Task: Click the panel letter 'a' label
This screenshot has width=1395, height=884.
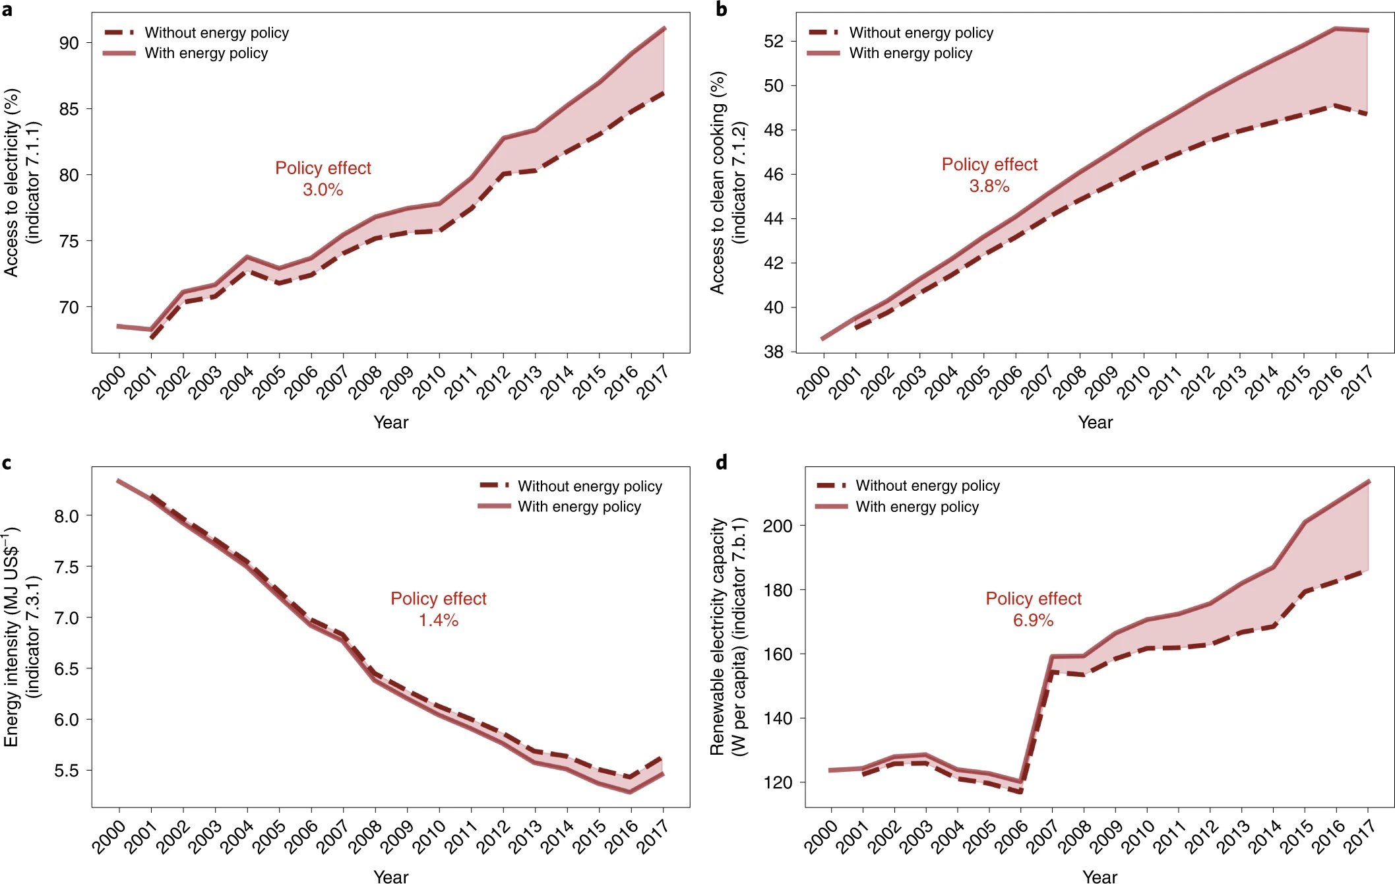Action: point(7,10)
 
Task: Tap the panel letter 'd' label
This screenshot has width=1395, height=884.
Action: point(722,462)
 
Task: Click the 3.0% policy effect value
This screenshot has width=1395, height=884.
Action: point(323,190)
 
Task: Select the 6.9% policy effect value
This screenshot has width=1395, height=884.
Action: point(1033,620)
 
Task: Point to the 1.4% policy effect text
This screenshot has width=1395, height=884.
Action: point(439,620)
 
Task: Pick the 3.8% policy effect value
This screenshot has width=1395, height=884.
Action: point(989,186)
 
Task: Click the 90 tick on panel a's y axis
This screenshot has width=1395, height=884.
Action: point(69,44)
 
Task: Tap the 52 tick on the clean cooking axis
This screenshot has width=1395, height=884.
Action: point(773,42)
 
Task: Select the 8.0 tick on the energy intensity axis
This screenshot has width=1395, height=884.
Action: point(66,516)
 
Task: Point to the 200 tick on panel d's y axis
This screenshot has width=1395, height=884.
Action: point(777,526)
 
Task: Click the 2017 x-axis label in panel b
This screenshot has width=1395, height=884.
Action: point(1358,382)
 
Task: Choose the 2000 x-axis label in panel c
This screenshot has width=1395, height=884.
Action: point(108,837)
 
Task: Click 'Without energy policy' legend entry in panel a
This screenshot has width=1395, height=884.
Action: point(216,32)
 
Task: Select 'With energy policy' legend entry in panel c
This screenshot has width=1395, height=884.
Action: point(579,507)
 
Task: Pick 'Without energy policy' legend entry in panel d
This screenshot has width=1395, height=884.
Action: point(927,486)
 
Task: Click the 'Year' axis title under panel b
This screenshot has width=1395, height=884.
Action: point(1095,422)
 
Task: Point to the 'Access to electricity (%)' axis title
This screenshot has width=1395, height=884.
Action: point(11,183)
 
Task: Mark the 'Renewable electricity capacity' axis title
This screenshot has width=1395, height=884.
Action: point(718,637)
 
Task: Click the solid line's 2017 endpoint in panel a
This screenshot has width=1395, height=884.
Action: point(664,28)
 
